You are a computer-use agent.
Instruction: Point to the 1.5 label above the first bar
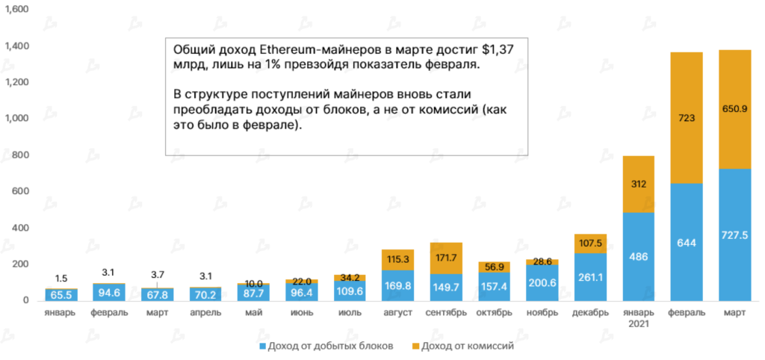61,277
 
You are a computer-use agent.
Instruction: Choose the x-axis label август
397,313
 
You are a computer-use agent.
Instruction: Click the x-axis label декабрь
590,313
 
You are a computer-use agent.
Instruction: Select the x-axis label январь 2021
638,318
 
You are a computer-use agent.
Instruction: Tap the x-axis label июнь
302,313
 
